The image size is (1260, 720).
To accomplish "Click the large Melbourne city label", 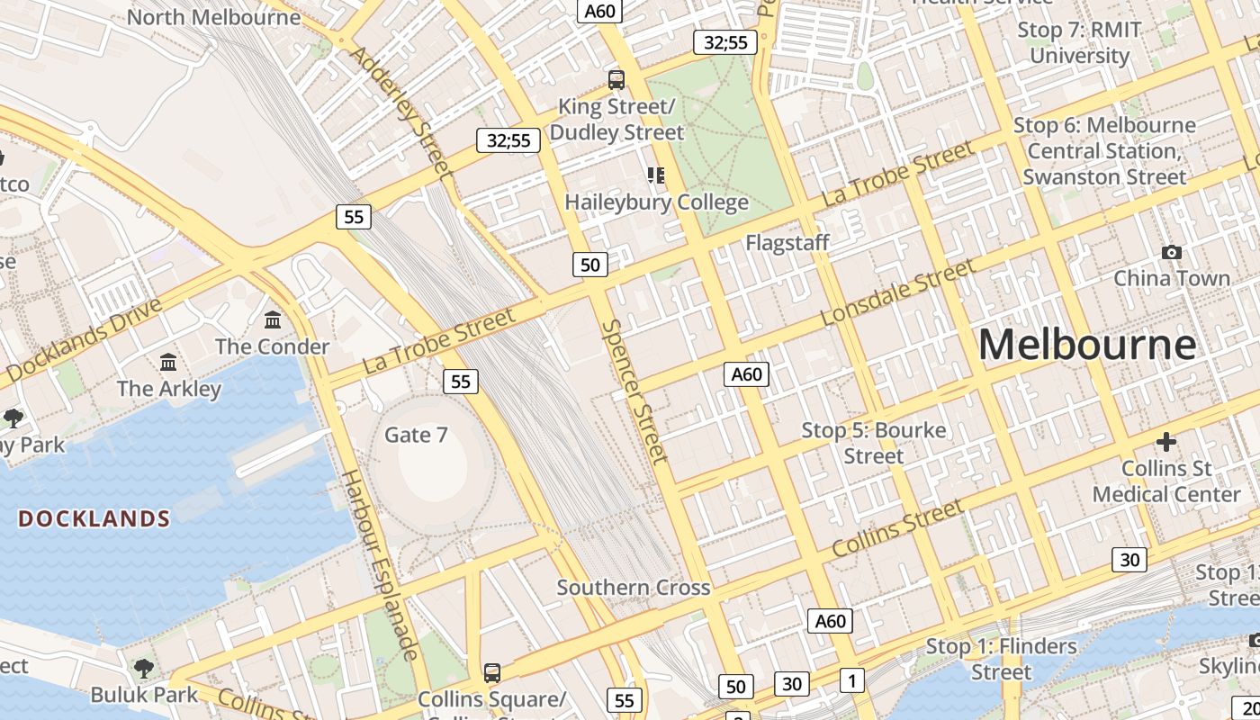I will (1086, 346).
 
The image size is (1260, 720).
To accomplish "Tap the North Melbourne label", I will (213, 17).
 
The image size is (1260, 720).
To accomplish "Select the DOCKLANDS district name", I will (94, 519).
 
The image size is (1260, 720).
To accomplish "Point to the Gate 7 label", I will (416, 436).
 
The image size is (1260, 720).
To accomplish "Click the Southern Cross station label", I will (634, 589).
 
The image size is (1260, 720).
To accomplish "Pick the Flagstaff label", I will (787, 243).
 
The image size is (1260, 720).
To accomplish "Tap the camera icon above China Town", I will (1171, 252).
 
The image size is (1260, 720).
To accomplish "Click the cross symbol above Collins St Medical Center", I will (1166, 442).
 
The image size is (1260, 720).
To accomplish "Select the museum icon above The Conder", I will (273, 320).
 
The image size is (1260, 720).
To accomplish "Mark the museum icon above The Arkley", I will (168, 363).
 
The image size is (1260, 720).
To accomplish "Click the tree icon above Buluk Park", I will (143, 669).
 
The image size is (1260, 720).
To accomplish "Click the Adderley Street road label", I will (399, 111).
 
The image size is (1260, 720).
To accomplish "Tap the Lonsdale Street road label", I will (898, 293).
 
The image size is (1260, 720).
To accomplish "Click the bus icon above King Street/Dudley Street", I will (616, 80).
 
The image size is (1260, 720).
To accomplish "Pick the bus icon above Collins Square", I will (491, 673).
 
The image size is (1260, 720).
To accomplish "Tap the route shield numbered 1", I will (851, 680).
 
